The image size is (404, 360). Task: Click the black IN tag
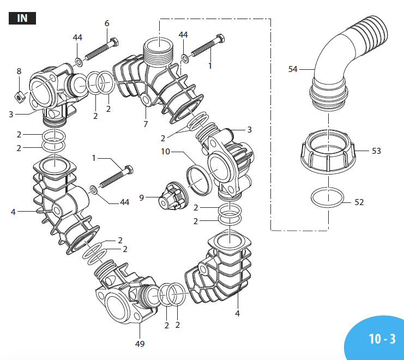pyautogui.click(x=22, y=18)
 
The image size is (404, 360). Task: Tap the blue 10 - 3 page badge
pyautogui.click(x=381, y=339)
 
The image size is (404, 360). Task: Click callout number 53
pyautogui.click(x=376, y=151)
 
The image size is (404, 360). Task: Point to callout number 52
pyautogui.click(x=359, y=202)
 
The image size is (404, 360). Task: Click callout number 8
pyautogui.click(x=19, y=71)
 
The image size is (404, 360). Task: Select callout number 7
pyautogui.click(x=146, y=124)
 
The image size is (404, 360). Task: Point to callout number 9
pyautogui.click(x=142, y=197)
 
